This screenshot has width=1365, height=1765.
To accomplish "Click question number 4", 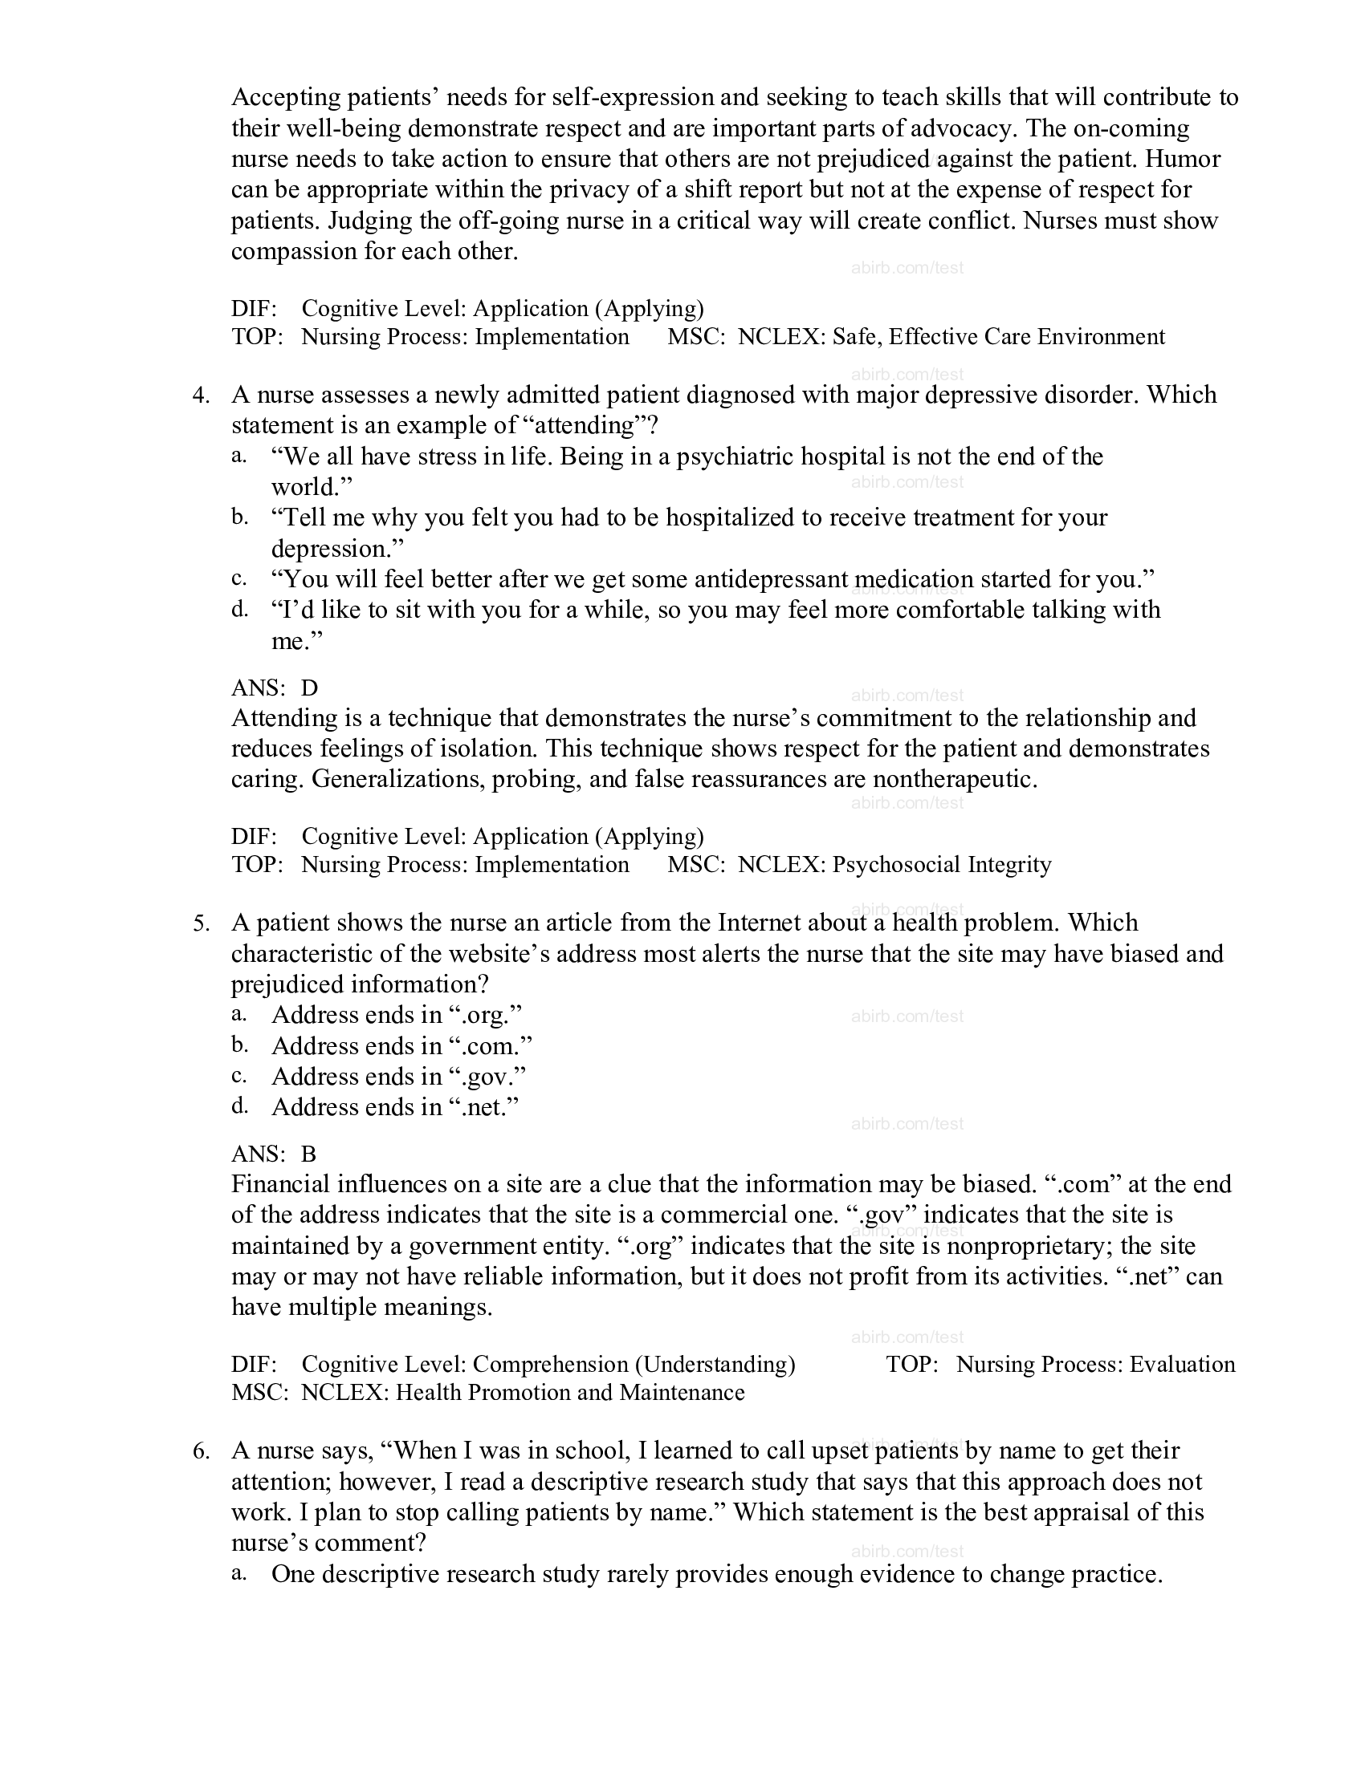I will click(201, 396).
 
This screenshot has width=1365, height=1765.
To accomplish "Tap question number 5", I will click(201, 923).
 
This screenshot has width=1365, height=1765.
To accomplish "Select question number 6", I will click(201, 1451).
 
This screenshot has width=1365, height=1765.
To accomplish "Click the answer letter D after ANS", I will click(310, 688).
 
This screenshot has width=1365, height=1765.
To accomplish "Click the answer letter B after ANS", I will click(309, 1153).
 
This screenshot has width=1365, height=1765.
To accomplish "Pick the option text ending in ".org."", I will click(396, 1015).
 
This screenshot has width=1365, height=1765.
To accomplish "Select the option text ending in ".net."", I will click(394, 1106).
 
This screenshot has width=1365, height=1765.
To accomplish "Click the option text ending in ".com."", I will click(402, 1045).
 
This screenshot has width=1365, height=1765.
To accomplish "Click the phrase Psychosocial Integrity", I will click(942, 865).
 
